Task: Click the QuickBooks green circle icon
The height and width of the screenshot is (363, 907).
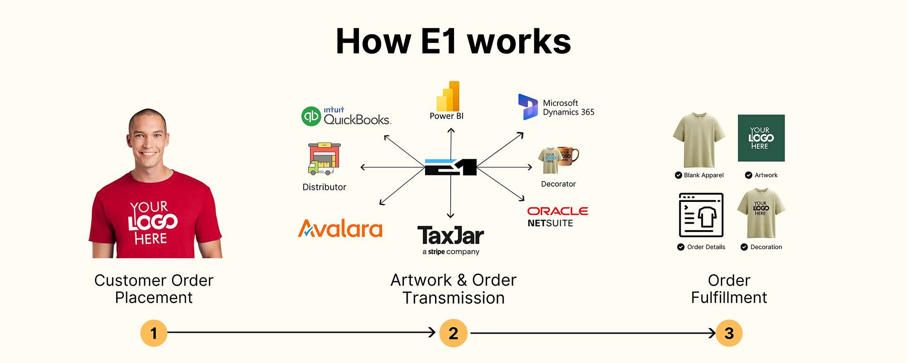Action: click(x=311, y=116)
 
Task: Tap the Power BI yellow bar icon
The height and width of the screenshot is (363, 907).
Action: click(x=448, y=96)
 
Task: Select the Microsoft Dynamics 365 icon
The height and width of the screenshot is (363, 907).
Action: click(x=528, y=106)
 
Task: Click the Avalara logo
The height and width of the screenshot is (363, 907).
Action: click(x=340, y=229)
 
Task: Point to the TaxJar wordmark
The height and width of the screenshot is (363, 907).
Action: click(x=451, y=235)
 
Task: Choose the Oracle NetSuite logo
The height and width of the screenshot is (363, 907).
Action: click(x=557, y=216)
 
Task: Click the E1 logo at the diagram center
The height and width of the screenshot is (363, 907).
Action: click(x=451, y=167)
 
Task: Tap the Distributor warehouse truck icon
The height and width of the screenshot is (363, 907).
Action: click(x=324, y=159)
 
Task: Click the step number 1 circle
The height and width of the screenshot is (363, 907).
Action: click(x=154, y=333)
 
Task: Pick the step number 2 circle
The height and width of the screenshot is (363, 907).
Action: click(x=453, y=333)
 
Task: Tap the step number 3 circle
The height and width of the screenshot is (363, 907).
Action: click(x=729, y=333)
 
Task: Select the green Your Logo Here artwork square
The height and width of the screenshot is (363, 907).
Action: click(x=761, y=138)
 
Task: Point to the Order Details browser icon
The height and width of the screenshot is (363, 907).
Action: click(x=701, y=215)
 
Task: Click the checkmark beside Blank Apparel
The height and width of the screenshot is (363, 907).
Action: click(x=678, y=175)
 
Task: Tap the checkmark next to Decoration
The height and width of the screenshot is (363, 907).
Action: click(x=744, y=247)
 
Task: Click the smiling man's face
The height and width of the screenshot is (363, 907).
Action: click(x=148, y=137)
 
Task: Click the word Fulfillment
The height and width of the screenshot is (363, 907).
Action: click(x=729, y=298)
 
